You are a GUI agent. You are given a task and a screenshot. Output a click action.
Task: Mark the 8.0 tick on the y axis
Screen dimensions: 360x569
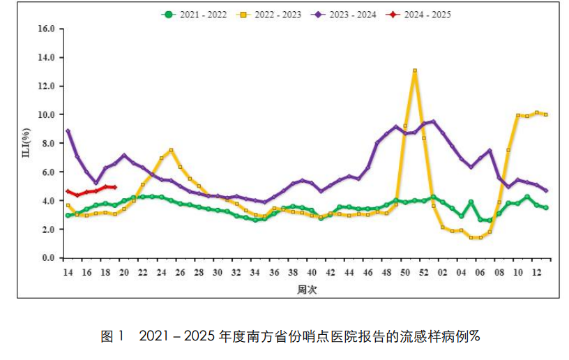[x=47, y=144]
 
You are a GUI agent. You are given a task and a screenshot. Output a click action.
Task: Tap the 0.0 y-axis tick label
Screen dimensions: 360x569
[x=47, y=258]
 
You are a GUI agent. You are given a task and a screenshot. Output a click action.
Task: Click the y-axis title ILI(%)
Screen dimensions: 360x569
[x=26, y=143]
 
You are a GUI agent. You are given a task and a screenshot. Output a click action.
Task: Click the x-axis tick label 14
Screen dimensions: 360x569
[x=68, y=272]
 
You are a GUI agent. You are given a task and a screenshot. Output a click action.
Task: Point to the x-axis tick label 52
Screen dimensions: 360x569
[x=425, y=272]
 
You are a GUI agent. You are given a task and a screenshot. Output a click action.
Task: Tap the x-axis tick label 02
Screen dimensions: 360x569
[x=443, y=272]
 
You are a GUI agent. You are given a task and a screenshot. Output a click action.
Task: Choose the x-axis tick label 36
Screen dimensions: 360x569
[x=275, y=272]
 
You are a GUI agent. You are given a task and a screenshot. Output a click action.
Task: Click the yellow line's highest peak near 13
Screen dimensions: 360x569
[x=415, y=70]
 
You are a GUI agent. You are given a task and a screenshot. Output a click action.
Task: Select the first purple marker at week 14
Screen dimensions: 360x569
[x=68, y=131]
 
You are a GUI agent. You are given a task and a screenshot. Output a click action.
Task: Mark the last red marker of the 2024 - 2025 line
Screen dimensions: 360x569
[x=114, y=187]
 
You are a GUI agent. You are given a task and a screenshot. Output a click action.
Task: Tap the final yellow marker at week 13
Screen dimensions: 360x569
[x=546, y=114]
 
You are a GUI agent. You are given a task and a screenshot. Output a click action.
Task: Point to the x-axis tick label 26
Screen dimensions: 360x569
[x=181, y=272]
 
